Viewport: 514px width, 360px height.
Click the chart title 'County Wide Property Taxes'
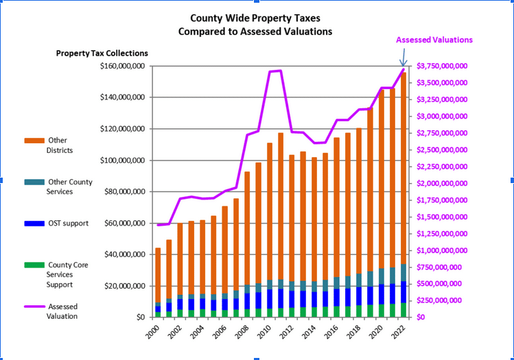[x=255, y=19]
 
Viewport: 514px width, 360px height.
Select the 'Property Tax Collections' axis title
[x=102, y=53]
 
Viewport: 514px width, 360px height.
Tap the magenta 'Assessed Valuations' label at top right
[x=434, y=40]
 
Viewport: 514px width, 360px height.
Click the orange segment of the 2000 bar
[x=158, y=274]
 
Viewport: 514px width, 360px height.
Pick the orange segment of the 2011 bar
[x=281, y=206]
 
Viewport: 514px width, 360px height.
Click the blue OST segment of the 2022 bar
[x=404, y=291]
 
